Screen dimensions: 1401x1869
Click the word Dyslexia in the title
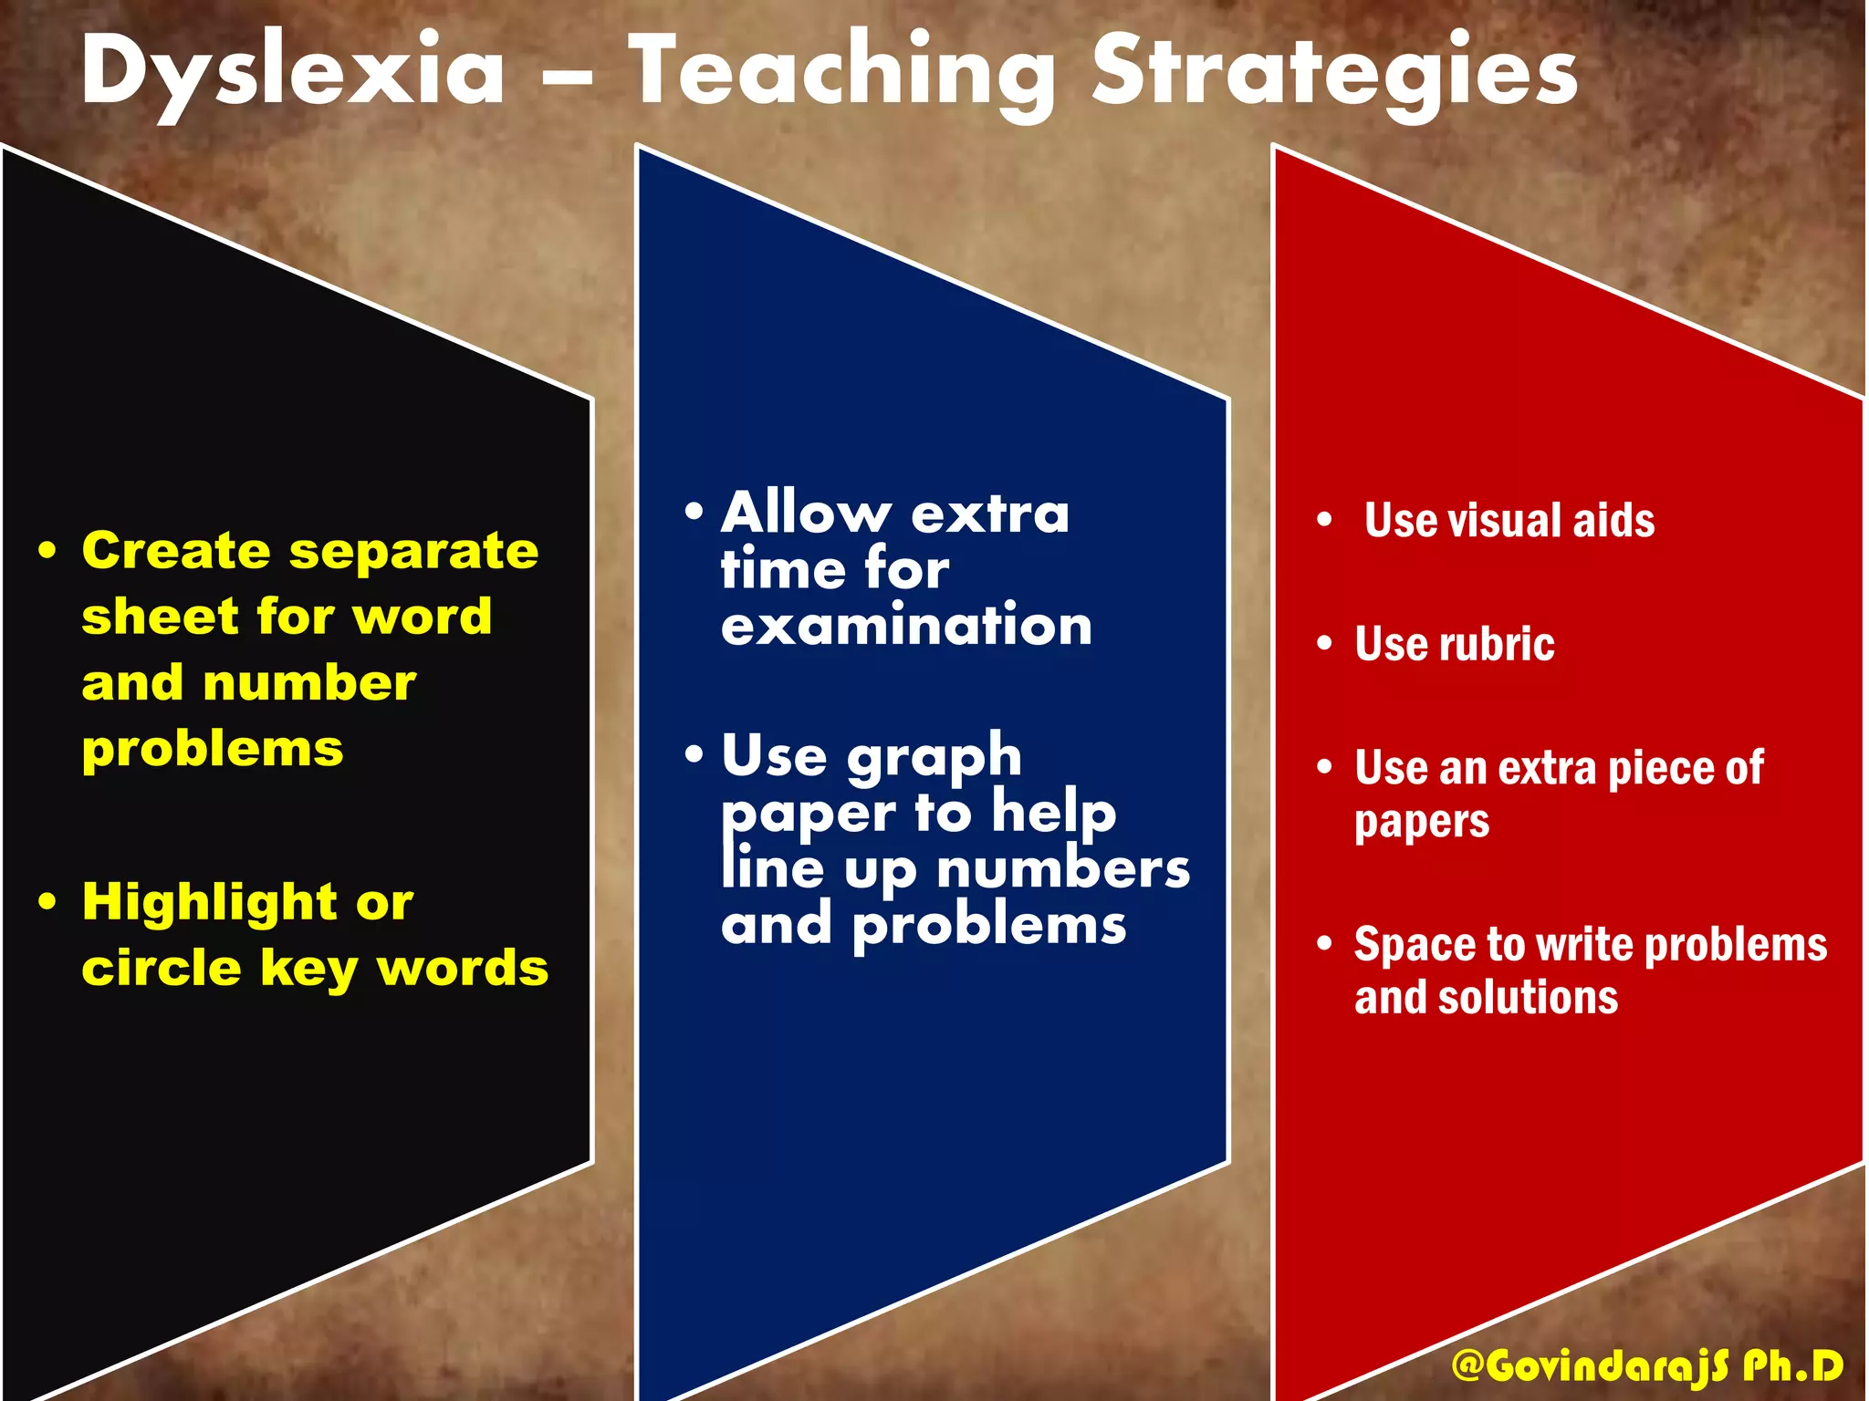(292, 73)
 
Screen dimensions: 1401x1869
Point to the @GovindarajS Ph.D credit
(1647, 1366)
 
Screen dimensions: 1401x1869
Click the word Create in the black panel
(175, 551)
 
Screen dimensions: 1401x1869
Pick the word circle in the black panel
(161, 968)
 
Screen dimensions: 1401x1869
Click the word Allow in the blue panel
(805, 513)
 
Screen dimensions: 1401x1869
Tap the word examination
(906, 626)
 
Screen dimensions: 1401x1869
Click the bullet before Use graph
(694, 754)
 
